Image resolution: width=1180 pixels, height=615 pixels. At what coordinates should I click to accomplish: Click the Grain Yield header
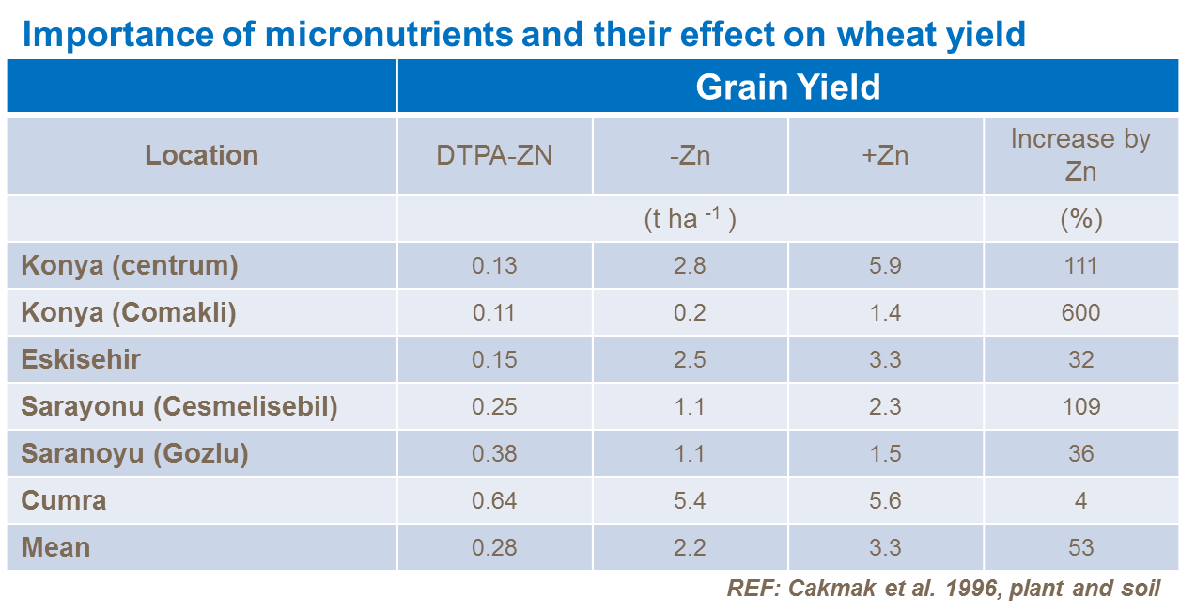click(787, 87)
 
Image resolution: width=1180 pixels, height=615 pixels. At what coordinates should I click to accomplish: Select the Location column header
click(201, 155)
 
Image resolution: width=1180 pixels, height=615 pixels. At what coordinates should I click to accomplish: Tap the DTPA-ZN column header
click(494, 155)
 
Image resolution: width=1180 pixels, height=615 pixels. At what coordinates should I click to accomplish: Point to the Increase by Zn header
click(1080, 155)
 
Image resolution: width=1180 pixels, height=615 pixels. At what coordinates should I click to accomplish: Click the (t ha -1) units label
click(690, 219)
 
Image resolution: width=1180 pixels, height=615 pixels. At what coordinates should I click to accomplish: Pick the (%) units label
click(1080, 219)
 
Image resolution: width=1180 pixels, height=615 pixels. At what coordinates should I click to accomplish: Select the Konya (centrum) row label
click(130, 266)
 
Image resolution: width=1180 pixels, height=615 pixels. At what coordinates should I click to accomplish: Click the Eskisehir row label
click(81, 360)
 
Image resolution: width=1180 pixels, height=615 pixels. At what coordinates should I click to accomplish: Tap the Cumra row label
click(63, 501)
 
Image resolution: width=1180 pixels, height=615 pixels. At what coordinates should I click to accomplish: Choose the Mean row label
click(55, 548)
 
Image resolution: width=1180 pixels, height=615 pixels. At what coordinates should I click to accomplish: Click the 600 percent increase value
click(1080, 313)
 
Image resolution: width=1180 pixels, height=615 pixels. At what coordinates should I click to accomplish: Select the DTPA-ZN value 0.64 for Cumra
click(494, 501)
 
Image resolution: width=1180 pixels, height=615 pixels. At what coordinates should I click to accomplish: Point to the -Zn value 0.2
click(690, 313)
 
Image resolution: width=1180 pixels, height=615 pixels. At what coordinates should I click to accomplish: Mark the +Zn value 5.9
click(885, 266)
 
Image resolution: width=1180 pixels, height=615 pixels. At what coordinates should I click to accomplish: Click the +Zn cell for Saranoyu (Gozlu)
click(885, 454)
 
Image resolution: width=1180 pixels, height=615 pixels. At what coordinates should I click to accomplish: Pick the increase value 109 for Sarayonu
click(1080, 407)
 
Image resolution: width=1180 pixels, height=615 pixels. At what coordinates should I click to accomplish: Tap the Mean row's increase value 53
click(1080, 548)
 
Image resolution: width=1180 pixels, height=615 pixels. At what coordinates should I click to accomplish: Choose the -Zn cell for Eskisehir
click(690, 360)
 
